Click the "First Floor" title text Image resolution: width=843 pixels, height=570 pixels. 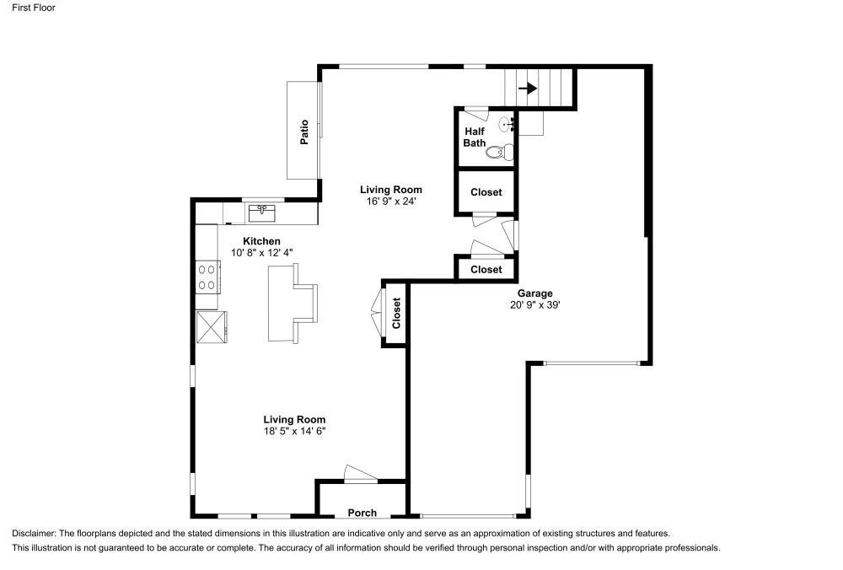click(35, 8)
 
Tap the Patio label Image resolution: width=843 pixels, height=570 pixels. click(303, 132)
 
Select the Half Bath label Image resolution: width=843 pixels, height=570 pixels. click(474, 137)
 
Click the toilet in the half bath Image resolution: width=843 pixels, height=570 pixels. click(500, 153)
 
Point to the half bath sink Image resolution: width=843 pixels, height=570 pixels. click(507, 125)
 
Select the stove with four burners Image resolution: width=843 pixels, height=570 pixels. click(207, 277)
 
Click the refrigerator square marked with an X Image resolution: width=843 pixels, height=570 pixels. click(212, 327)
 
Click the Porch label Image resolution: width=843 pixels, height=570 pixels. click(362, 513)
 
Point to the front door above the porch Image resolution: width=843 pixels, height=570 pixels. click(360, 475)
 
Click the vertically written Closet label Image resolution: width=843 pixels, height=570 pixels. click(396, 314)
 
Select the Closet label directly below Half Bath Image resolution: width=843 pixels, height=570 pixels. click(486, 192)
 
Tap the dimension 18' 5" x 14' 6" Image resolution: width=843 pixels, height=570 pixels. click(293, 431)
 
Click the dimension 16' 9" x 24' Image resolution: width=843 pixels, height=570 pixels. click(390, 202)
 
